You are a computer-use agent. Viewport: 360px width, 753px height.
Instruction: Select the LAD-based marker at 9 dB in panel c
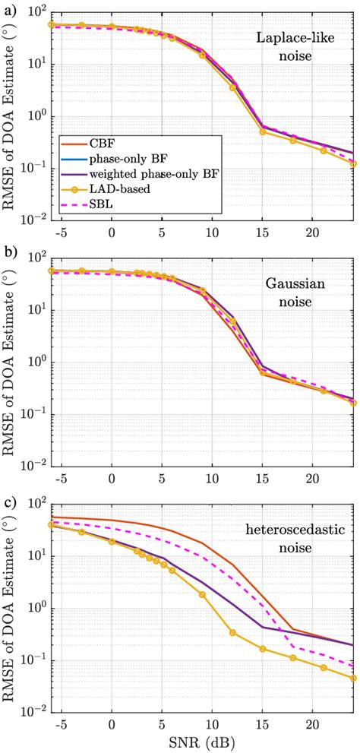pyautogui.click(x=202, y=594)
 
